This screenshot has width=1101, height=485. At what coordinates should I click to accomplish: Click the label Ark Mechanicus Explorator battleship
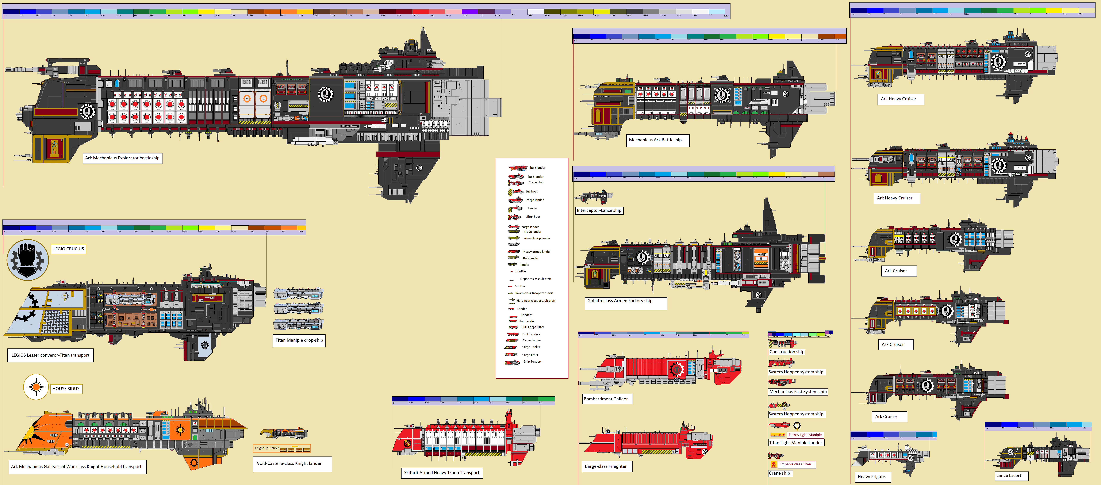point(122,158)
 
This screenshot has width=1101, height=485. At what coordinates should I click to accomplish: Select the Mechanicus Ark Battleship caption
point(655,140)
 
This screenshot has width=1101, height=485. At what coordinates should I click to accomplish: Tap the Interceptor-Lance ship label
point(599,210)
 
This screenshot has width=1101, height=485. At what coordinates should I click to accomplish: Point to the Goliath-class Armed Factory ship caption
point(620,301)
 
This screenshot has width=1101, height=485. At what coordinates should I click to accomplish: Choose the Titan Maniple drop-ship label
point(299,340)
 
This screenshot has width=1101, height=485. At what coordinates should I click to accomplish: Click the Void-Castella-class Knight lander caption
point(289,463)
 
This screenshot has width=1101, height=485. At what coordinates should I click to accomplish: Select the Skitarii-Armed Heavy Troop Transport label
point(441,473)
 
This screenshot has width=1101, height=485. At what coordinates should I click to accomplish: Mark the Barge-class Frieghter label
point(606,466)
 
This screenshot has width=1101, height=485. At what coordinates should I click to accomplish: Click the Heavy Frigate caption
point(871,476)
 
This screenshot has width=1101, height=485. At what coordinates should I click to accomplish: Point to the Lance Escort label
point(1009,475)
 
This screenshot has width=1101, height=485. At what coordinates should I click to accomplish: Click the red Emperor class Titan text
point(795,464)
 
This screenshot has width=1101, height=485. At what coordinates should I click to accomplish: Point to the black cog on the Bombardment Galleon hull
point(677,369)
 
